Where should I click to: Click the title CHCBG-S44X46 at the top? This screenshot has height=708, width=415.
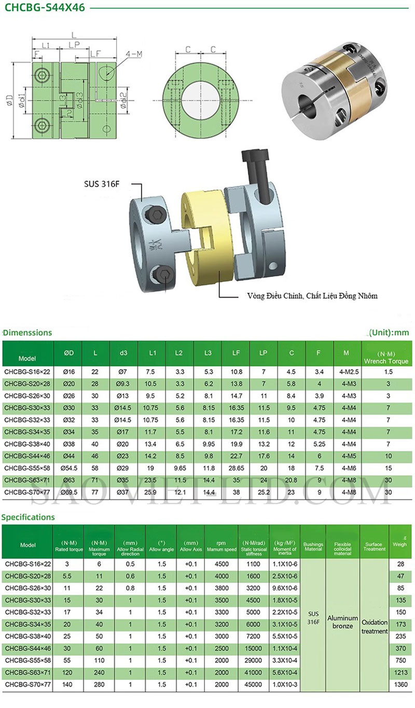[45, 7]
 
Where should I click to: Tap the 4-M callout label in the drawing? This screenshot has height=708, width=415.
[134, 54]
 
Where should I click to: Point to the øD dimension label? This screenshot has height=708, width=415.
[10, 100]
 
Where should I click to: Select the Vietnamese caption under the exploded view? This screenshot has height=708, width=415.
[312, 296]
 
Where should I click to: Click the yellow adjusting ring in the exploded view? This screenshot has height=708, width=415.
[204, 240]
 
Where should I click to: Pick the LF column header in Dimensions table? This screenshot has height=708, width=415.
[236, 353]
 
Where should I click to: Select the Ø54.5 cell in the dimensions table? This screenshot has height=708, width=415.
[68, 468]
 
